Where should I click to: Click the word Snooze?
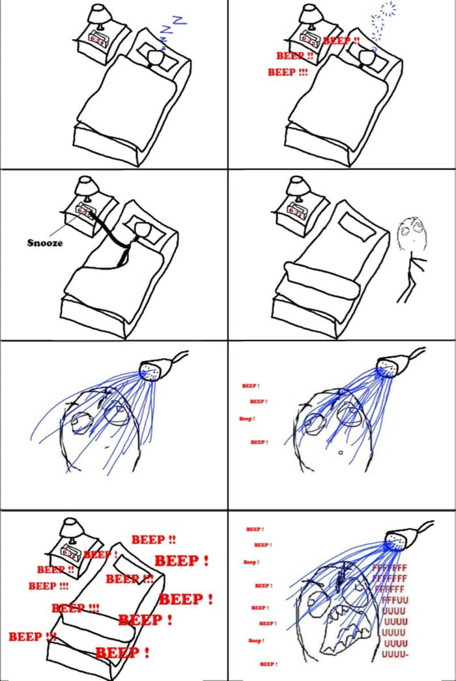45,243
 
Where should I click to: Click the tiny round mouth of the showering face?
340,452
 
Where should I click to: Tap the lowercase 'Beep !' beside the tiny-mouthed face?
246,419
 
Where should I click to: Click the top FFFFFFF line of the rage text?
390,568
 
